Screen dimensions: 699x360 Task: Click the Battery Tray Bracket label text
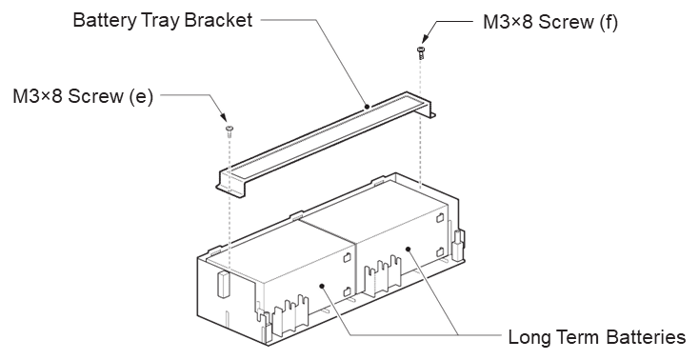[x=163, y=21]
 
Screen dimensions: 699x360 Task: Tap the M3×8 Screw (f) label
[x=550, y=22]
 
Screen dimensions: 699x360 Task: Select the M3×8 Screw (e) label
[x=83, y=96]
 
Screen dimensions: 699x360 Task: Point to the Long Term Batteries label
[x=597, y=337]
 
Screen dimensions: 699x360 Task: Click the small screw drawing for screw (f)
[x=420, y=53]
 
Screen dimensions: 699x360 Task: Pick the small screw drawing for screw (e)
[x=230, y=130]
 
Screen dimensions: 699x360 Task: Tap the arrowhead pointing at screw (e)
[x=225, y=117]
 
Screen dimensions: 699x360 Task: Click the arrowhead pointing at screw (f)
[x=425, y=39]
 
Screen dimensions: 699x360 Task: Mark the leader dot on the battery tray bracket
[x=367, y=106]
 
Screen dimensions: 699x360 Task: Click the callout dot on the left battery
[x=322, y=287]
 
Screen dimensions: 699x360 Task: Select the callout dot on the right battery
[x=408, y=249]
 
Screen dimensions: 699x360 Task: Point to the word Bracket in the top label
[x=218, y=21]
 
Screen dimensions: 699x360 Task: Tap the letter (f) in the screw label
[x=609, y=22]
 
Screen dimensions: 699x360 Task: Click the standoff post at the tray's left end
[x=223, y=283]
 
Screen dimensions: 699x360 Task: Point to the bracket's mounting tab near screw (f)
[x=431, y=115]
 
